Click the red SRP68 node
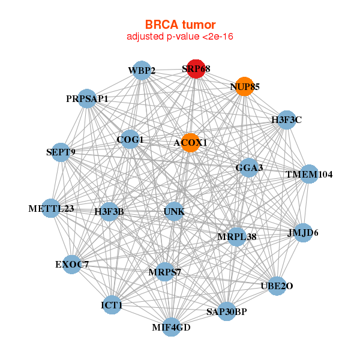(196, 69)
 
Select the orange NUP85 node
(244, 86)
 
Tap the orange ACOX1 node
(190, 143)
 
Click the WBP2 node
(141, 70)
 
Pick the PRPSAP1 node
(88, 98)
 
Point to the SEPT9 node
(61, 152)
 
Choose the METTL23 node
(52, 208)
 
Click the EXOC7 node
(72, 264)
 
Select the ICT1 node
(112, 305)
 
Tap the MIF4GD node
(171, 327)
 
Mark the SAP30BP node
(226, 311)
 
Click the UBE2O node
(276, 286)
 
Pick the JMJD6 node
(303, 232)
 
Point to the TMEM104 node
(308, 175)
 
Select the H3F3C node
(286, 120)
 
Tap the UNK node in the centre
(174, 211)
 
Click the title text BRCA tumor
(180, 25)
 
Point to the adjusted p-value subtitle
(180, 37)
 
